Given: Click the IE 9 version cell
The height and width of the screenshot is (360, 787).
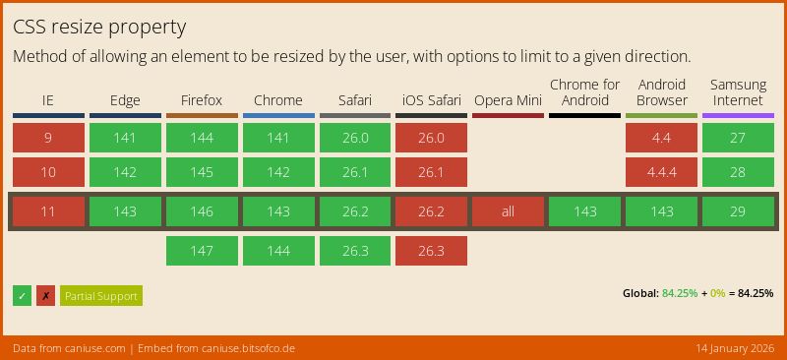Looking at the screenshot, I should point(48,138).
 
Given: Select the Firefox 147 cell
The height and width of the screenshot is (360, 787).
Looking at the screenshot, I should point(202,251).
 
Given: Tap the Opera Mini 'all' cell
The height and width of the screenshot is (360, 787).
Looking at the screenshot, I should point(508,211).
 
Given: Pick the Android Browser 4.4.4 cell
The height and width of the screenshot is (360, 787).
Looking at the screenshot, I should point(661,172).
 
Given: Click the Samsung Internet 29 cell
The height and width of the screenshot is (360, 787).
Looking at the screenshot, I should point(738,211).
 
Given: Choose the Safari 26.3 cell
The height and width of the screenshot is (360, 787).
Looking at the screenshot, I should point(355,251).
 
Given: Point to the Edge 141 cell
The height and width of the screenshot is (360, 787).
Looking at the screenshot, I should point(125,138).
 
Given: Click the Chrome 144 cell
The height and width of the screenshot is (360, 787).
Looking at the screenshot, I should point(278,251).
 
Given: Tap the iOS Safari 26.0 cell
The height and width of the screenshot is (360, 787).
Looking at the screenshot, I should point(431,138).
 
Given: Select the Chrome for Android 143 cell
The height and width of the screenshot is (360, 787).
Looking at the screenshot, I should point(584,211).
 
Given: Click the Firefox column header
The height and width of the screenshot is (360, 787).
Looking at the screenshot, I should point(202,100).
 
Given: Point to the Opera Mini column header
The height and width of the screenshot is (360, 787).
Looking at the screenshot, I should point(508,100).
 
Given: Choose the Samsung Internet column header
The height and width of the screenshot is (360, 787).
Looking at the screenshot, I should point(738,92).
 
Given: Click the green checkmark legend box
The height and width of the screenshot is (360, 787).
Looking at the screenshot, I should point(22,296).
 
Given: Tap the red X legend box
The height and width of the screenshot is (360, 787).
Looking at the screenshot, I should point(45,296).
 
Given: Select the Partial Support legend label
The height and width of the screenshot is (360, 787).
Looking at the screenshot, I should point(100,296).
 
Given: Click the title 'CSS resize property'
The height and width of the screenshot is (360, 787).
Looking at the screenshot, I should point(99,27).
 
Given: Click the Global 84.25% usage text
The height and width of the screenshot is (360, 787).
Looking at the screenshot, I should point(697,293).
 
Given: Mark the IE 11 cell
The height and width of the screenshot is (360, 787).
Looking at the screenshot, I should point(48,211).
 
